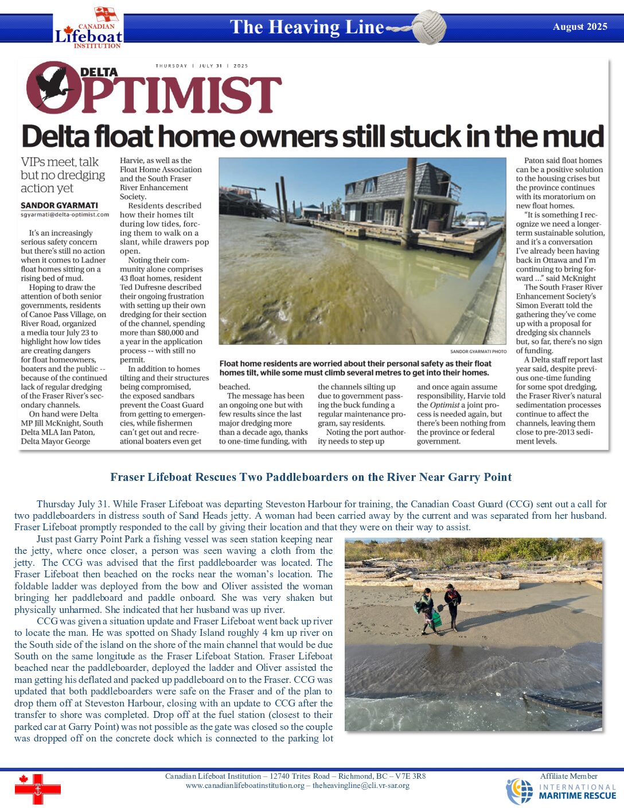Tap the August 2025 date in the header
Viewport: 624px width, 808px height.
click(580, 26)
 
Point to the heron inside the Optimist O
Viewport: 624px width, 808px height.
click(53, 86)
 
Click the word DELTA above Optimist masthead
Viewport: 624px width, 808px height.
click(99, 72)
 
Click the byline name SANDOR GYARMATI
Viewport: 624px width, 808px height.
click(59, 205)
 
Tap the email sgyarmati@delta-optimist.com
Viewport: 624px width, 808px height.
click(65, 215)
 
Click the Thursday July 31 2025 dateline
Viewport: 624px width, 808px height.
click(201, 66)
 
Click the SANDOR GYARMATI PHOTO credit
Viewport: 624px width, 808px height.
click(478, 351)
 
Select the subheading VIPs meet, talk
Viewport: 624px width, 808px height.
click(60, 162)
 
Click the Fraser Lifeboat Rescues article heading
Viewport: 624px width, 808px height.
click(311, 477)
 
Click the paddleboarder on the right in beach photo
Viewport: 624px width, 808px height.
click(452, 605)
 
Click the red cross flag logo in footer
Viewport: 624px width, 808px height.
click(37, 788)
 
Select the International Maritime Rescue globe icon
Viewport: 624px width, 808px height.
click(519, 791)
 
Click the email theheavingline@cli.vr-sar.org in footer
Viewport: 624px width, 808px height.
click(361, 786)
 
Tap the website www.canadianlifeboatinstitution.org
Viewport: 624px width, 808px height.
click(245, 786)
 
